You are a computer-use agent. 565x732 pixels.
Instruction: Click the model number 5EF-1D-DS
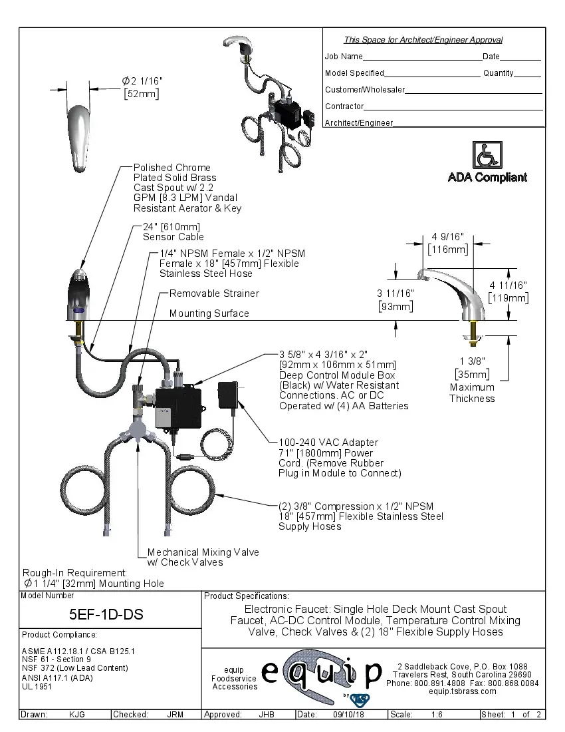(x=106, y=614)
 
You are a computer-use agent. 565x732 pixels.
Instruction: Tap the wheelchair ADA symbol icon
(x=487, y=155)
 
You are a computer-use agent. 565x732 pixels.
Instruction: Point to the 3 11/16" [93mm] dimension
(x=395, y=299)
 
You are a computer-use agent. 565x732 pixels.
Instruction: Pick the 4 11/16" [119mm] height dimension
(x=508, y=291)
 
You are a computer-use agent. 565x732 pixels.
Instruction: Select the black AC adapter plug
(x=230, y=394)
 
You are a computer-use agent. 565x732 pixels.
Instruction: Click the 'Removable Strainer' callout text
(x=214, y=293)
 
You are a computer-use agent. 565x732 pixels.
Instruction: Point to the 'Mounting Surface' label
(x=209, y=313)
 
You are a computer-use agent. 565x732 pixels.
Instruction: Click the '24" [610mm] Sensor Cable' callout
(x=173, y=232)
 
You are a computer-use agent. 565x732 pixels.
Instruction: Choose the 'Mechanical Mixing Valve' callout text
(x=203, y=557)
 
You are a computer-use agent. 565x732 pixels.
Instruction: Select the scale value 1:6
(x=437, y=715)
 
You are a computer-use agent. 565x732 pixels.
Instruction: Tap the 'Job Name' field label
(x=344, y=57)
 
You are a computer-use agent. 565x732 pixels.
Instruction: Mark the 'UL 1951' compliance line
(x=37, y=686)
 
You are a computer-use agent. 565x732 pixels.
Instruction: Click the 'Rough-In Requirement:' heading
(x=74, y=572)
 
